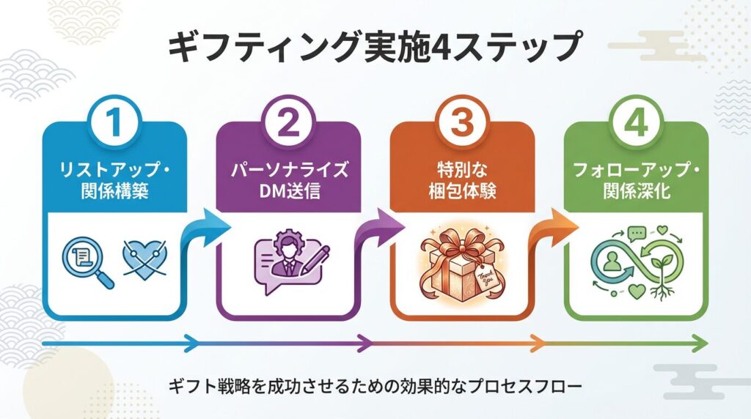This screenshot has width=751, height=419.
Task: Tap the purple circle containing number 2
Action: pyautogui.click(x=287, y=122)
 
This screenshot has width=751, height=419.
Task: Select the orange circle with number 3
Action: pyautogui.click(x=462, y=122)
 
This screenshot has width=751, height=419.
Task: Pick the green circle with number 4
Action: pyautogui.click(x=636, y=122)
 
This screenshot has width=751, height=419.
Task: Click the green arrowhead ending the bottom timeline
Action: pyautogui.click(x=701, y=343)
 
